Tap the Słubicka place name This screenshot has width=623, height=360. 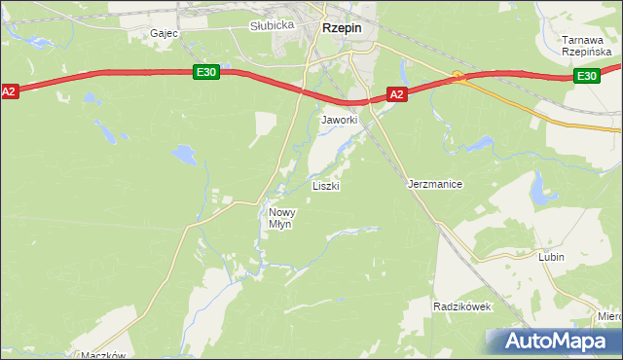(x=272, y=26)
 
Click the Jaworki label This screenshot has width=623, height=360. (x=340, y=120)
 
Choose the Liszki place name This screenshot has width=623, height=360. (x=325, y=185)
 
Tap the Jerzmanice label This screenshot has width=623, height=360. (x=434, y=184)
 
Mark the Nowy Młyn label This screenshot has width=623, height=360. (x=281, y=218)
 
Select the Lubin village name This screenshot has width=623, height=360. (x=551, y=258)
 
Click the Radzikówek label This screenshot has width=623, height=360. (x=462, y=306)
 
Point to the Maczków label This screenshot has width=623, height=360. (x=105, y=355)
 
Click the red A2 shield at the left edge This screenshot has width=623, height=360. (x=10, y=91)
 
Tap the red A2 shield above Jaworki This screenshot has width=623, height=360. (x=396, y=94)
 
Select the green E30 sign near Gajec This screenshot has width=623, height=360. (x=204, y=72)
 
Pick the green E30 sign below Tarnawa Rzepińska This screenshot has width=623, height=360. (x=586, y=76)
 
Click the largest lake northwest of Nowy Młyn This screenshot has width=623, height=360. (x=183, y=153)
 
